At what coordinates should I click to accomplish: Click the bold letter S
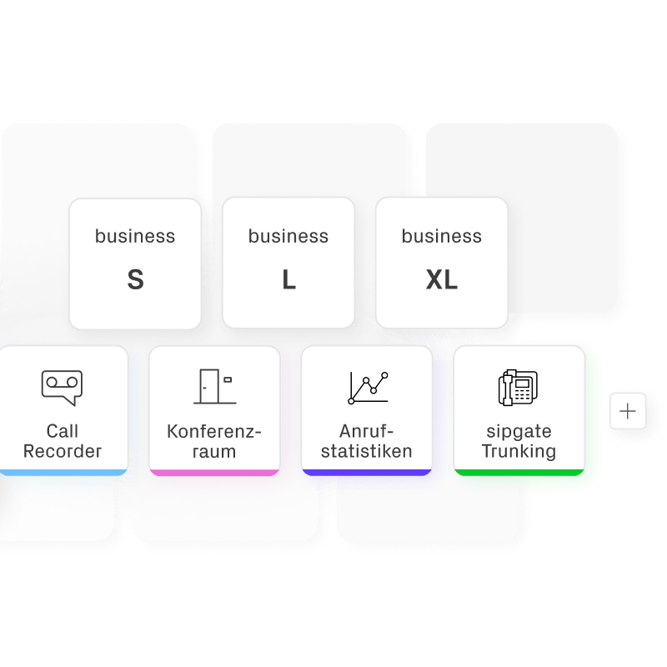[135, 280]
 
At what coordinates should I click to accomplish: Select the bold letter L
[288, 280]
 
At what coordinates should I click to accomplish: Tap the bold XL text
[442, 280]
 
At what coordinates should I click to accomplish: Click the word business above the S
[135, 236]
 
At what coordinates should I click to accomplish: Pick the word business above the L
[288, 236]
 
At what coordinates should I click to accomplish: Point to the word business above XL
[442, 236]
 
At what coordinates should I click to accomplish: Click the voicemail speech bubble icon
[63, 387]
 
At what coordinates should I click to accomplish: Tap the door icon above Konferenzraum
[213, 386]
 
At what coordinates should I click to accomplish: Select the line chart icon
[368, 387]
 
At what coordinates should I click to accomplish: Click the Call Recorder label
[63, 441]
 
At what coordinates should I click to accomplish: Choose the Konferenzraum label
[214, 441]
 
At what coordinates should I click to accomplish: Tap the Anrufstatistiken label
[367, 441]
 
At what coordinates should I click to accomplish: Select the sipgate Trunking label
[519, 441]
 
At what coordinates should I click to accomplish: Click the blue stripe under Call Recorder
[63, 472]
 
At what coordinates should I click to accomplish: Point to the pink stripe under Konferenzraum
[214, 472]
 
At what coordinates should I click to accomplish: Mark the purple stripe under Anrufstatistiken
[367, 472]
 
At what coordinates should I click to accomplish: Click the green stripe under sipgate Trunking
[519, 472]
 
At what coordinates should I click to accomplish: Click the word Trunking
[519, 452]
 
